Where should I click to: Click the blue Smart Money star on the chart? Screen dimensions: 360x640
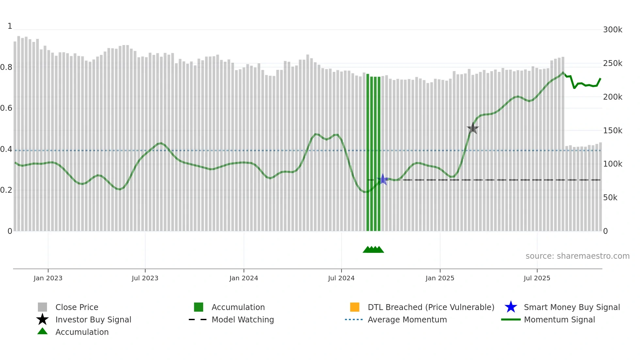(x=383, y=180)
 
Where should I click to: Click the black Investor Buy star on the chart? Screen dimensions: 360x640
(x=472, y=128)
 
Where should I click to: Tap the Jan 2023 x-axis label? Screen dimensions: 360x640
(x=48, y=278)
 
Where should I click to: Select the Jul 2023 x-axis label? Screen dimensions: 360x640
(x=145, y=278)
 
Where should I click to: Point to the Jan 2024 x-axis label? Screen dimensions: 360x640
(x=244, y=278)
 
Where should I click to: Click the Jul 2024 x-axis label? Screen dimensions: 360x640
(x=341, y=278)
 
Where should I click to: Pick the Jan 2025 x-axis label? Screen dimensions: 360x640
(x=440, y=278)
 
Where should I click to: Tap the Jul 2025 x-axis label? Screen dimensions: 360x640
(x=537, y=278)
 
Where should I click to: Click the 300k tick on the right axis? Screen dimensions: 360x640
(x=613, y=30)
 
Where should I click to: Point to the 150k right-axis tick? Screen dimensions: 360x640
(x=613, y=131)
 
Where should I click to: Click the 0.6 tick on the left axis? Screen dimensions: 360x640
(x=6, y=108)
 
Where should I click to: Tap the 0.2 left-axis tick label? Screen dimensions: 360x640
(x=6, y=190)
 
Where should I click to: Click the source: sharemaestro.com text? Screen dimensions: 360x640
(x=577, y=256)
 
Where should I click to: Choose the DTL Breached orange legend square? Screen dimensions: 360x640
(x=355, y=307)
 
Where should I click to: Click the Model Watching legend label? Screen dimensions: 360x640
(x=243, y=319)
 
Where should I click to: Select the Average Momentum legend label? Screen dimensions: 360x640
(x=407, y=319)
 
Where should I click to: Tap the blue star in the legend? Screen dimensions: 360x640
(x=511, y=307)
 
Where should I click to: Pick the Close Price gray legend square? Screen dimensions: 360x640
(x=42, y=307)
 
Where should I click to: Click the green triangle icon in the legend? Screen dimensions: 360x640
(x=42, y=331)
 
